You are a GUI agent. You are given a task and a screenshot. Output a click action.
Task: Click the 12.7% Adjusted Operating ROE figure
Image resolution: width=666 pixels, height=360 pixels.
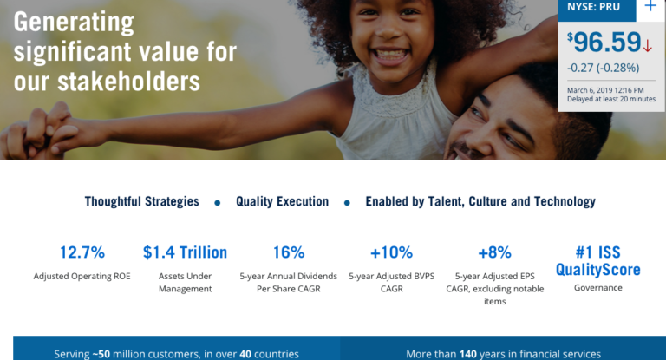tap(82, 252)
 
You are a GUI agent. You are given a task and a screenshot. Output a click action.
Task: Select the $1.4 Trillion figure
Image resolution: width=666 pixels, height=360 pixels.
tap(185, 252)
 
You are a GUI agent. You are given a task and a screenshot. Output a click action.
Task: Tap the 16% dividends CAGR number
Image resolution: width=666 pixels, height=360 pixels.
tap(289, 252)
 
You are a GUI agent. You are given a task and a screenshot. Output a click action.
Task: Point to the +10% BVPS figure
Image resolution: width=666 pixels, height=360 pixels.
tap(391, 252)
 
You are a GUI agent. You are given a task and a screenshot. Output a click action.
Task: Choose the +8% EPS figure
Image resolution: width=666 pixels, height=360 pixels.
tap(494, 252)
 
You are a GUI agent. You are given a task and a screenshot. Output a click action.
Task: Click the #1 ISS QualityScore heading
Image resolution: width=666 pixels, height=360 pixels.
tap(598, 261)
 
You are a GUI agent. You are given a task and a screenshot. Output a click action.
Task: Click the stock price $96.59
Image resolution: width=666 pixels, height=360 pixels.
tap(604, 43)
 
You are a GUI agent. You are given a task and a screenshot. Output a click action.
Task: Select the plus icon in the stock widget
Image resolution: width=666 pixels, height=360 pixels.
tap(650, 7)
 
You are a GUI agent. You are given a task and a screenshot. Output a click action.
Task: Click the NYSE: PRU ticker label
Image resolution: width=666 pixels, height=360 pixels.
tap(594, 7)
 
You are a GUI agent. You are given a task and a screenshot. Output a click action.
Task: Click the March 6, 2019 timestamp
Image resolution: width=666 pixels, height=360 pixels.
tap(605, 89)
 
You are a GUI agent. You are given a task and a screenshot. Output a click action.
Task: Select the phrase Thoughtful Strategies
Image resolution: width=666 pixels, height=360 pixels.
tap(141, 201)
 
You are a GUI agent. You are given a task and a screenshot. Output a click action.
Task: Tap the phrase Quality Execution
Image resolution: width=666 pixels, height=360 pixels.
tap(282, 201)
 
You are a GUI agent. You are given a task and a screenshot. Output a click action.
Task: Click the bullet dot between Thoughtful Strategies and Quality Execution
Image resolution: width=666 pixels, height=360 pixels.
tap(217, 202)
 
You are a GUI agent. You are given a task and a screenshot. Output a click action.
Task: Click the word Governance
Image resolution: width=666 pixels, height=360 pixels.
tap(598, 288)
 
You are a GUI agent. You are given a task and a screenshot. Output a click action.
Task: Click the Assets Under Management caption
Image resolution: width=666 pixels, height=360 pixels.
tap(185, 282)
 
